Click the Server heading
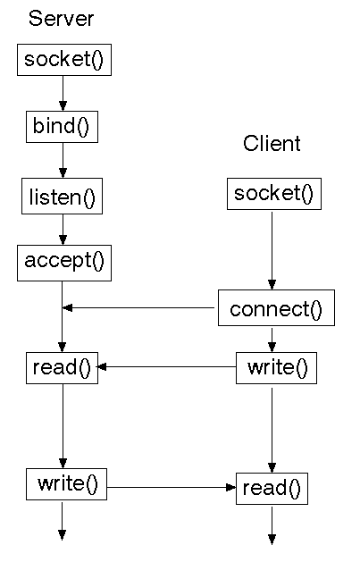pos(61,18)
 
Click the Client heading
pos(272,143)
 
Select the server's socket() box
pos(64,60)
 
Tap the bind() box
pos(62,127)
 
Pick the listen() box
pos(62,196)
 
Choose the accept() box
pos(64,263)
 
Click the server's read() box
pos(62,368)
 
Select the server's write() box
pos(66,484)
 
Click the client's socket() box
pos(274,194)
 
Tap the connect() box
pos(276,308)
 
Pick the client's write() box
pos(276,368)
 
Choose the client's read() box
pos(272,489)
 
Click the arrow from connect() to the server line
pos(138,307)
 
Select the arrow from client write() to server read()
pos(166,366)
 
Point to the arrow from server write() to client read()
pos(172,488)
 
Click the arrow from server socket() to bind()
pos(63,93)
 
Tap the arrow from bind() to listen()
pos(63,160)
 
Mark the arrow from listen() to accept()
pos(63,230)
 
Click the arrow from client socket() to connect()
pos(272,250)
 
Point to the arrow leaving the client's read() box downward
pos(272,525)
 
